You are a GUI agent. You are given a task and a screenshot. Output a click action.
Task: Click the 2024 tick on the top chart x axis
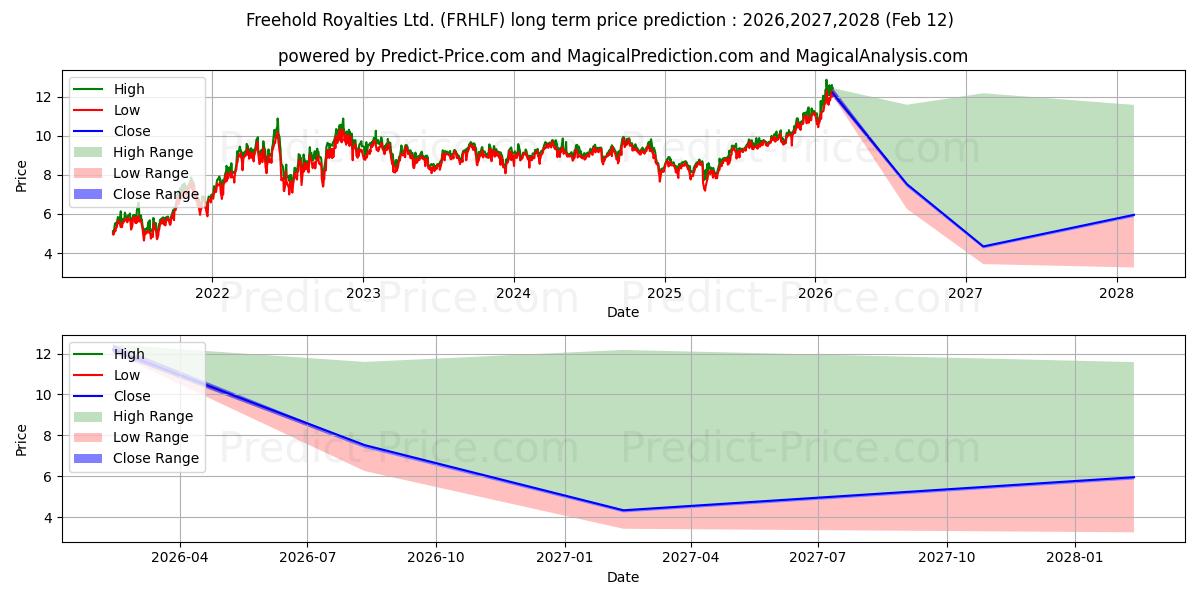pos(514,293)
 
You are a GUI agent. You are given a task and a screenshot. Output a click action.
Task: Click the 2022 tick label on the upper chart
pos(212,293)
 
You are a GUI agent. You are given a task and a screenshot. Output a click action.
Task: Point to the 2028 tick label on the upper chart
pos(1117,293)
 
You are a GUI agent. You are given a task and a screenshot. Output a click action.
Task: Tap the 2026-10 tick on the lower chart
pos(436,558)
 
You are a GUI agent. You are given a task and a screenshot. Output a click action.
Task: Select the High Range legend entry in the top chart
pos(152,152)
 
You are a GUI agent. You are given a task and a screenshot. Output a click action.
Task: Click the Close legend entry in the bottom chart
pos(132,396)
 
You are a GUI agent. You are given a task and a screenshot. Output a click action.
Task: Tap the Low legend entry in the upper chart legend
pos(127,110)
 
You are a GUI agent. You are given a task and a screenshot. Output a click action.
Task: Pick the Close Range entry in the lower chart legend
pos(155,458)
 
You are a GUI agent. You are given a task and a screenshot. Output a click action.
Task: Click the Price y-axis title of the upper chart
pos(22,175)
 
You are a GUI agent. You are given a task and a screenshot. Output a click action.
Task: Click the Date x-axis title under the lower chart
pos(622,577)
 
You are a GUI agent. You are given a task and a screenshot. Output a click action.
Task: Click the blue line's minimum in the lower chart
pos(623,510)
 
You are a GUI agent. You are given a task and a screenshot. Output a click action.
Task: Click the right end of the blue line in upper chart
pos(1134,215)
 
